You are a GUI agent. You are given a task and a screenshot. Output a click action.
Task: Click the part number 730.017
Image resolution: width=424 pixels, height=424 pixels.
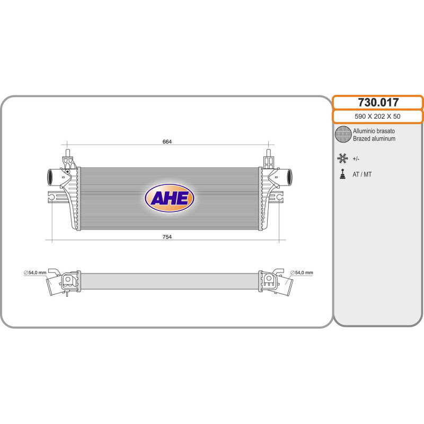pyautogui.click(x=377, y=103)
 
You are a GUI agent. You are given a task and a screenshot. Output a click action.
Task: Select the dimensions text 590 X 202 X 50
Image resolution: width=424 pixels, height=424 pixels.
pyautogui.click(x=377, y=117)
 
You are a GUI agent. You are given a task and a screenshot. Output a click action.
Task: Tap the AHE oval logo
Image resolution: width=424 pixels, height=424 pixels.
pyautogui.click(x=170, y=198)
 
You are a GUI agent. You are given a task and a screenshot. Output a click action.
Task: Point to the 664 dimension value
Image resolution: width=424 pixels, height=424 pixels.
pyautogui.click(x=167, y=142)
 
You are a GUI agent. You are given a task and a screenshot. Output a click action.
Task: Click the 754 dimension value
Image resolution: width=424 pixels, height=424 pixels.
pyautogui.click(x=167, y=237)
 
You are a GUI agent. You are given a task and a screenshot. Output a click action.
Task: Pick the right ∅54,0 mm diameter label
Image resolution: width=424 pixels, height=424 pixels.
pyautogui.click(x=302, y=273)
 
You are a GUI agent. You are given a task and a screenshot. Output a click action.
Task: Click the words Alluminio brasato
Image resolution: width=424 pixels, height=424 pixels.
pyautogui.click(x=374, y=131)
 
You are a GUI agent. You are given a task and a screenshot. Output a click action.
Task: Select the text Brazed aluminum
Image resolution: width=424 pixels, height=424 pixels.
pyautogui.click(x=374, y=139)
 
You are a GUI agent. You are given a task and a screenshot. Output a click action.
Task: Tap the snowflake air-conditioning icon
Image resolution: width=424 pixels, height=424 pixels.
pyautogui.click(x=343, y=157)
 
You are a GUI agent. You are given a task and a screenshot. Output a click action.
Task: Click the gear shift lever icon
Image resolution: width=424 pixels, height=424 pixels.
pyautogui.click(x=343, y=174)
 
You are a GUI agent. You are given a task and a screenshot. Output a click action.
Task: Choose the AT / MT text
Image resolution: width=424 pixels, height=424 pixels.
pyautogui.click(x=362, y=174)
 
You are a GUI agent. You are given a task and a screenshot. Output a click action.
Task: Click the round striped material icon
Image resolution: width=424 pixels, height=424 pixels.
pyautogui.click(x=343, y=135)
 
